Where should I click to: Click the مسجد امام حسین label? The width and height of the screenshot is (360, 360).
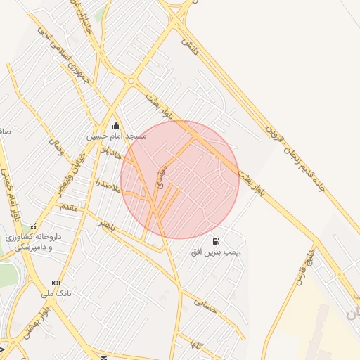pos(117,136)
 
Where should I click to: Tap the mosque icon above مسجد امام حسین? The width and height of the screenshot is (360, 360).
pos(116,127)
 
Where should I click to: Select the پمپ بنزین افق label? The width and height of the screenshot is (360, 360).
pos(217,251)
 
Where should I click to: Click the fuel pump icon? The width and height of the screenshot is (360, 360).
pos(214,240)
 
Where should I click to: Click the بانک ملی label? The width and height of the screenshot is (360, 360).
pos(57,292)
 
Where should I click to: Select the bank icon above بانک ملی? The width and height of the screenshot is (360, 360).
pos(56,283)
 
